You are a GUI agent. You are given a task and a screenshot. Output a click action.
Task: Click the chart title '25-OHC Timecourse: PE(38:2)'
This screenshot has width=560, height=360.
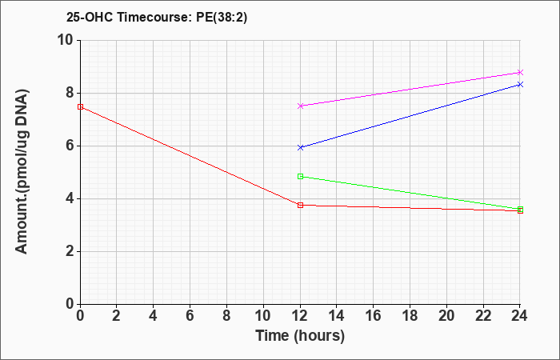(157, 18)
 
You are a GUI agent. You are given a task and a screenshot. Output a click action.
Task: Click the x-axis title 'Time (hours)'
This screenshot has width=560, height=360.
(300, 336)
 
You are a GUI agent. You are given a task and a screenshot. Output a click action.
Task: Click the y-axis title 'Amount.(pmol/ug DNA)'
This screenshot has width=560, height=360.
(22, 172)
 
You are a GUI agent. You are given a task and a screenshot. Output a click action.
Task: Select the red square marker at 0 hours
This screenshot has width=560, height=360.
(80, 106)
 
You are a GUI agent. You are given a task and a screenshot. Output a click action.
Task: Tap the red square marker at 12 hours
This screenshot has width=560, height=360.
(300, 205)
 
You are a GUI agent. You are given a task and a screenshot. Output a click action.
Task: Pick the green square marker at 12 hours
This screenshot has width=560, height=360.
(300, 176)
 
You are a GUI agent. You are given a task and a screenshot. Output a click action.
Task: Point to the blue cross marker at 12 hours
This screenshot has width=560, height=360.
(300, 147)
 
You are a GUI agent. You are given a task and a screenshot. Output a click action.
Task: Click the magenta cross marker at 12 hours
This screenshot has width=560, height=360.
(300, 106)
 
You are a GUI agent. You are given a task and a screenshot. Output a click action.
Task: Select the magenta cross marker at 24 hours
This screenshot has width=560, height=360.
(520, 72)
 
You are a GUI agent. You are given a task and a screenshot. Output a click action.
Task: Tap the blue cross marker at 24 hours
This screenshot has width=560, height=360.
(520, 84)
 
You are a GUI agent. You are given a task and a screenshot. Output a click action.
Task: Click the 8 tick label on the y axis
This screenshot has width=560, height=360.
(70, 93)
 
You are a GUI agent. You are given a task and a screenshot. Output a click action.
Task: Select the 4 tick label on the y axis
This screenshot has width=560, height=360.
(70, 198)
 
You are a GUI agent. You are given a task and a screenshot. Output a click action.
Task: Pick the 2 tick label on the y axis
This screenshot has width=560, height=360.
(70, 251)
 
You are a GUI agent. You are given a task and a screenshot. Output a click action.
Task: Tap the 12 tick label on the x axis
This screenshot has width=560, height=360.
(300, 315)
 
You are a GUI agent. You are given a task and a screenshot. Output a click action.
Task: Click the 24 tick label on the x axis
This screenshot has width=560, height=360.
(520, 315)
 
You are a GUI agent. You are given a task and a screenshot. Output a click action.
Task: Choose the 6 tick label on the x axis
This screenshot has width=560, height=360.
(190, 315)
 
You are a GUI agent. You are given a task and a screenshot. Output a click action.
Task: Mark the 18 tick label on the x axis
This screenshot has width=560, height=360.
(410, 315)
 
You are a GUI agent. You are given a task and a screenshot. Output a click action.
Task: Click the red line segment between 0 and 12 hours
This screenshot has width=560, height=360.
(190, 156)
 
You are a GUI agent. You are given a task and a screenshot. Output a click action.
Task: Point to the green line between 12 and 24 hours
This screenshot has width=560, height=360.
(410, 193)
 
